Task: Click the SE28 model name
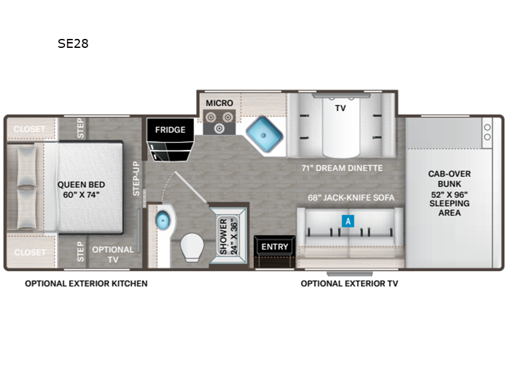pos(73,43)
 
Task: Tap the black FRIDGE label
pos(170,130)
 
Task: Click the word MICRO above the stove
pos(219,103)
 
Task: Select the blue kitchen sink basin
pos(264,134)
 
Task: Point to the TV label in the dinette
pos(340,108)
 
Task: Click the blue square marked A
pos(348,221)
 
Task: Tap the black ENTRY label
pos(275,247)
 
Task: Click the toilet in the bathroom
pos(192,247)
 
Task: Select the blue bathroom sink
pos(163,220)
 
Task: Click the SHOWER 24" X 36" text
pos(229,236)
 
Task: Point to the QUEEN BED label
pos(81,184)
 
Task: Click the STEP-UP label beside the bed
pos(136,179)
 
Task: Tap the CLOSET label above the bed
pos(29,129)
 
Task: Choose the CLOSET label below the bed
pos(30,252)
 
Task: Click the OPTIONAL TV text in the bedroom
pos(113,254)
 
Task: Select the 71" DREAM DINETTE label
pos(342,168)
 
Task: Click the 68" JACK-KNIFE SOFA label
pos(351,198)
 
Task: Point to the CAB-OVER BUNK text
pos(450,179)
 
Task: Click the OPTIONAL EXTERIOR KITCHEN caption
pos(86,283)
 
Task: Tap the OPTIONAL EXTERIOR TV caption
pos(349,283)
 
